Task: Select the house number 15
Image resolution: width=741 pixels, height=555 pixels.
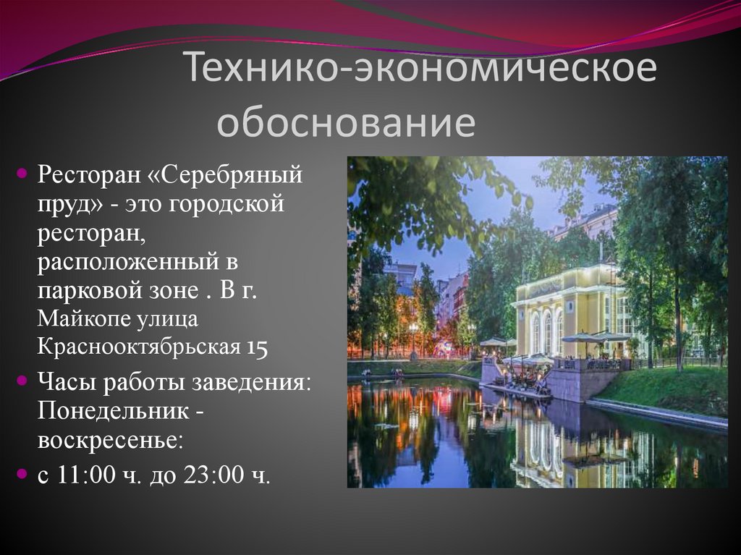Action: click(257, 347)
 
